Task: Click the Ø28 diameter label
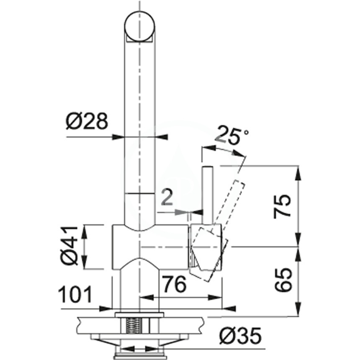pyautogui.click(x=87, y=121)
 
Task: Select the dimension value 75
pyautogui.click(x=282, y=206)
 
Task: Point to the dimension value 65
pyautogui.click(x=283, y=280)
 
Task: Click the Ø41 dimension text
pyautogui.click(x=69, y=246)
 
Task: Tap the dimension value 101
pyautogui.click(x=75, y=294)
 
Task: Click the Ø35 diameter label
pyautogui.click(x=240, y=335)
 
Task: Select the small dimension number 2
pyautogui.click(x=167, y=197)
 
